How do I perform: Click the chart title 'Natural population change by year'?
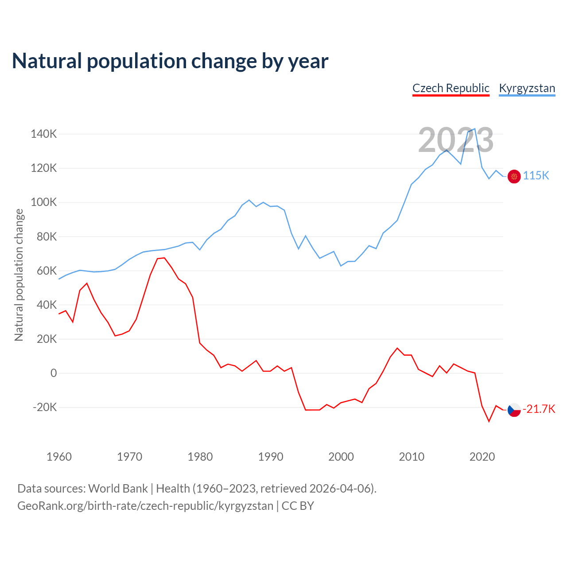pyautogui.click(x=170, y=61)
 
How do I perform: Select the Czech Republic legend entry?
pyautogui.click(x=450, y=88)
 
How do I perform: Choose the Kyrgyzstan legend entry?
pyautogui.click(x=527, y=88)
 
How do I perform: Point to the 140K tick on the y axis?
pyautogui.click(x=43, y=134)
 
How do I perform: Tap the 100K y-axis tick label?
pyautogui.click(x=43, y=202)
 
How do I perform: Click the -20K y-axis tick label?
pyautogui.click(x=44, y=407)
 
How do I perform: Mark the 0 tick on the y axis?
pyautogui.click(x=54, y=373)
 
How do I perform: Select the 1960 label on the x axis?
pyautogui.click(x=59, y=457)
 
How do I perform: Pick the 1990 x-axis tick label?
pyautogui.click(x=270, y=457)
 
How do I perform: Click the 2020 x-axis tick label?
pyautogui.click(x=482, y=457)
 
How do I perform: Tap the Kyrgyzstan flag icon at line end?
pyautogui.click(x=514, y=176)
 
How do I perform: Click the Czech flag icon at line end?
pyautogui.click(x=514, y=410)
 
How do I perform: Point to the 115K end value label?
pyautogui.click(x=536, y=176)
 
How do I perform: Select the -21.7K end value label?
pyautogui.click(x=539, y=409)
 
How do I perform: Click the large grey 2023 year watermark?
pyautogui.click(x=455, y=140)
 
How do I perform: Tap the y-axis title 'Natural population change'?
pyautogui.click(x=19, y=275)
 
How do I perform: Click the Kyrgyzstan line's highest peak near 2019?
pyautogui.click(x=475, y=129)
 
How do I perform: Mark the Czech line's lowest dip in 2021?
pyautogui.click(x=489, y=421)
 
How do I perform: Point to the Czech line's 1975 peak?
pyautogui.click(x=164, y=258)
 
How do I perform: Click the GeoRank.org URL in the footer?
pyautogui.click(x=145, y=505)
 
